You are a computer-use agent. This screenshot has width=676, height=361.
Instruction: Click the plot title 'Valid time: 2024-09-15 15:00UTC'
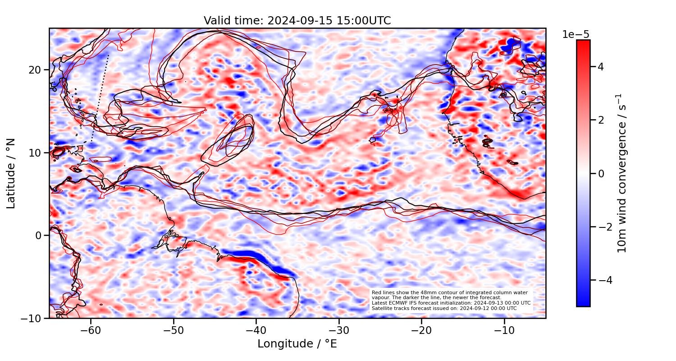297,21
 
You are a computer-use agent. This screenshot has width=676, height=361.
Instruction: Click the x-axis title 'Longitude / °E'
297,344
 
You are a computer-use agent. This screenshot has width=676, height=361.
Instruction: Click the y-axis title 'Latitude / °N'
11,174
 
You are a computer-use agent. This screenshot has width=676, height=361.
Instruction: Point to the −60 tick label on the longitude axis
91,330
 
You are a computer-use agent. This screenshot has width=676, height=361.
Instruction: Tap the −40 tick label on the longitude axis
256,330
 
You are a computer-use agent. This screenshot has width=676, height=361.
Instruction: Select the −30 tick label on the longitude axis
338,330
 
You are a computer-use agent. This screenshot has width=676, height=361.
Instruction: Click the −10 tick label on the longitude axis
504,330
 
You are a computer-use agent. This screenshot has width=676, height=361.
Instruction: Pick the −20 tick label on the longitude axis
421,330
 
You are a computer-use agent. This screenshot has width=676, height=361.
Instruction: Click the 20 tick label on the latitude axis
36,70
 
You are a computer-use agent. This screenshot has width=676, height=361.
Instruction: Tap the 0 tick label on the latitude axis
39,236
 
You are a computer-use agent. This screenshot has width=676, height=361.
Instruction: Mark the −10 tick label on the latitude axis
33,318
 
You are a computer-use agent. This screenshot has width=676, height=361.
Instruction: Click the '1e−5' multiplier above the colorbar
576,35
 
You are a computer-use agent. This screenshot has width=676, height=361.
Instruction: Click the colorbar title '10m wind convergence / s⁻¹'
622,174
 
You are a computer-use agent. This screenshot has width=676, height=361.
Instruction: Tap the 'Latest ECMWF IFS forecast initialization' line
451,303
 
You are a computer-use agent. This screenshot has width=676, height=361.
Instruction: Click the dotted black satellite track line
100,99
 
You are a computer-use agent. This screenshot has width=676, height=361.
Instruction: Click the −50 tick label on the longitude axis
174,330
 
